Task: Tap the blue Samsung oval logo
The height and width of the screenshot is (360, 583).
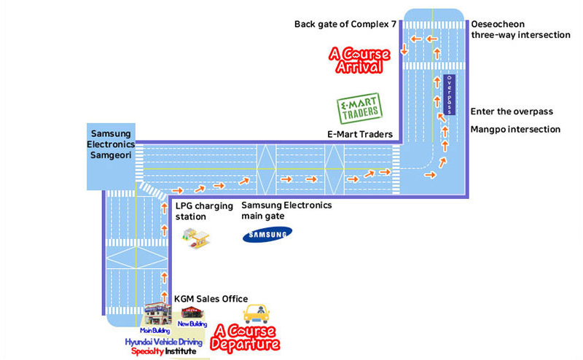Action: tap(267, 234)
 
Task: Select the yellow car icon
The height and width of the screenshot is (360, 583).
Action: tap(255, 313)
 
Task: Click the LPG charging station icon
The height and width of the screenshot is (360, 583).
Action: tap(195, 238)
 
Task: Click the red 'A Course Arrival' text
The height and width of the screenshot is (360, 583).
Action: tap(356, 60)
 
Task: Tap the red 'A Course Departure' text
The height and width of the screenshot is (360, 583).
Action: tap(245, 337)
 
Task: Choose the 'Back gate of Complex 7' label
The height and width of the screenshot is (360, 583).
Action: tap(345, 25)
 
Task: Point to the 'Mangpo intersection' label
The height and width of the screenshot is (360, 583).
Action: tap(515, 129)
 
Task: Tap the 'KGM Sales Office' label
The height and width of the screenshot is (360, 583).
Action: tap(211, 299)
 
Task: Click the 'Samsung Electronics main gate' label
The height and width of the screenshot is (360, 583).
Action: tap(286, 211)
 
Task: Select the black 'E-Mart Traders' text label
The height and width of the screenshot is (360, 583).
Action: tap(360, 135)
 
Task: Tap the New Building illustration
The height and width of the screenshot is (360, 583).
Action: tap(192, 313)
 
